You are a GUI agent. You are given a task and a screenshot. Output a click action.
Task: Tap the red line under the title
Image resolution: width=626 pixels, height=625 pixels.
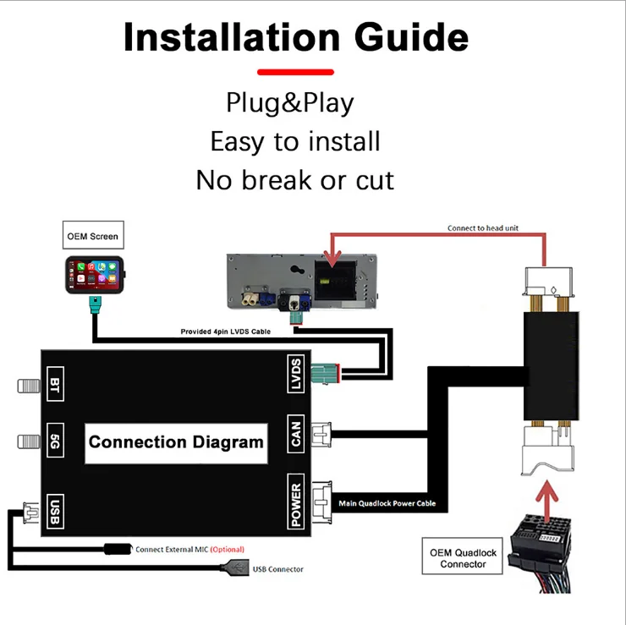point(295,73)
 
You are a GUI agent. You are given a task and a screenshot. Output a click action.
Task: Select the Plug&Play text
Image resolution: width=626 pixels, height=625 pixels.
point(289,103)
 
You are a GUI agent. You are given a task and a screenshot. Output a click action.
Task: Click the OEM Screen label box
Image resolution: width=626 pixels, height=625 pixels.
point(93,236)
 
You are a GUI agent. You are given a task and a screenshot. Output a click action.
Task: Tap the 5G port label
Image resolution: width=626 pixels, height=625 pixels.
point(55,441)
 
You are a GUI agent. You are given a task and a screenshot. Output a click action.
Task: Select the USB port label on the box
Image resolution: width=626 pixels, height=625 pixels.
point(55,510)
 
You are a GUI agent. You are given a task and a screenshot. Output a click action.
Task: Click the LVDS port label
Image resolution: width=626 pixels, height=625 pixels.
point(295,374)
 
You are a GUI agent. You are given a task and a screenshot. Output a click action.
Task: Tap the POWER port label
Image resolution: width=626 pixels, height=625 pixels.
point(295,505)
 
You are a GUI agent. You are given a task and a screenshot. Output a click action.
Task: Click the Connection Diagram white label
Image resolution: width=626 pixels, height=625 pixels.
point(176,442)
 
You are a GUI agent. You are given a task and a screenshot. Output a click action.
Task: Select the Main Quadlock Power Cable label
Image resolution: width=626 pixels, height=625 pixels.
point(387,504)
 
